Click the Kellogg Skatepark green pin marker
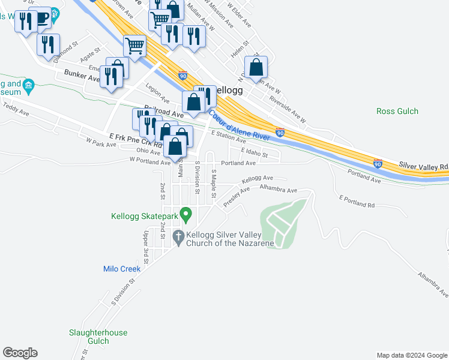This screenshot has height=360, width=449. (186, 214)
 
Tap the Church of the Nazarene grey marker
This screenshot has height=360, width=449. (178, 238)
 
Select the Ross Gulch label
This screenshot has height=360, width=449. (397, 111)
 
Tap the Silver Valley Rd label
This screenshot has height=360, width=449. (424, 166)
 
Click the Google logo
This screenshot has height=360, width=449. (20, 353)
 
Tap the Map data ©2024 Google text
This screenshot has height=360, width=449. (411, 355)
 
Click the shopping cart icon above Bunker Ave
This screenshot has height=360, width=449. (134, 45)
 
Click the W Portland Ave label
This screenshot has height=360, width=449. (150, 161)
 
